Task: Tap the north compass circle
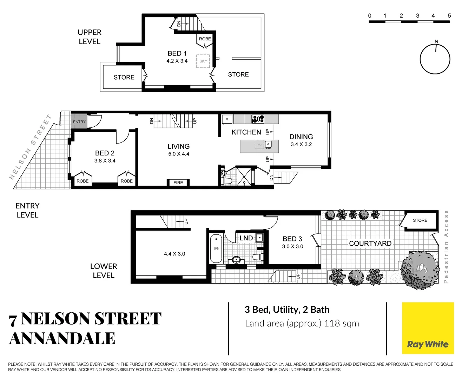435,59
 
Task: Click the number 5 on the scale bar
449,16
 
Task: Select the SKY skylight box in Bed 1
203,61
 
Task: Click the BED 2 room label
105,153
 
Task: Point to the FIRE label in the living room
178,182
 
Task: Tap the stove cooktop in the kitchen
258,119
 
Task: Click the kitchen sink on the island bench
268,144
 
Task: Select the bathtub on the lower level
216,249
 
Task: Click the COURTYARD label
370,243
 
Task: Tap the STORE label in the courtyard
420,220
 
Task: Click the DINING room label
301,137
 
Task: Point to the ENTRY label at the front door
79,122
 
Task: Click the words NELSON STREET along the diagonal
31,147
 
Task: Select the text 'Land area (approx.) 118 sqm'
302,323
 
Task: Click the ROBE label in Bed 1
205,39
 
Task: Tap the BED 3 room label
292,239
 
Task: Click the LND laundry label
246,238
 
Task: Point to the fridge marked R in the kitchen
227,119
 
